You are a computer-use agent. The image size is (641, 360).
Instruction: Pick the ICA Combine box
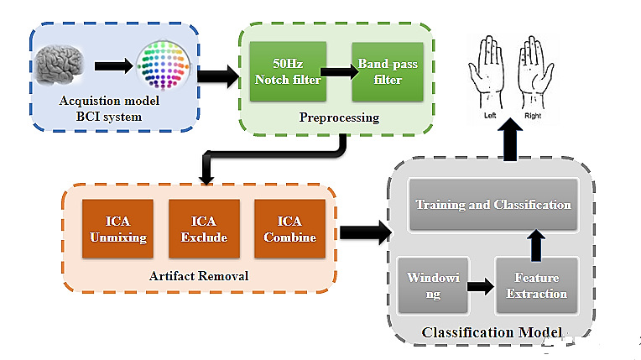point(289,229)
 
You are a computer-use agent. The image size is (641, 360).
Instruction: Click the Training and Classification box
point(493,204)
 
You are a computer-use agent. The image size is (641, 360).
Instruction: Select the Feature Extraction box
point(537,284)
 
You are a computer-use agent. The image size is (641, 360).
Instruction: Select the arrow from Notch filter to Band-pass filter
point(336,71)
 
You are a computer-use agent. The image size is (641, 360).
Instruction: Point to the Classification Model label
point(492,333)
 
